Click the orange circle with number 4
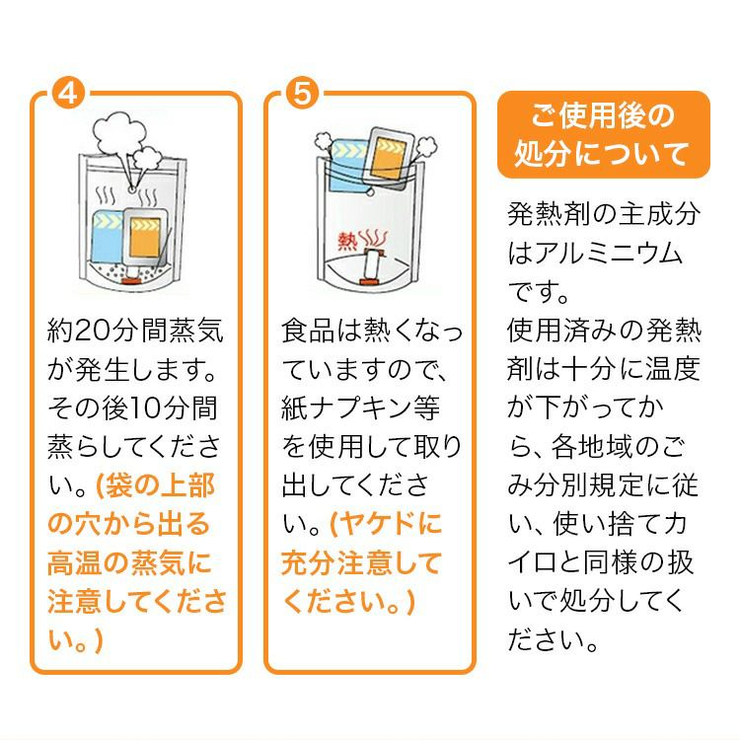pyautogui.click(x=68, y=94)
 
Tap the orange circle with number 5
pyautogui.click(x=303, y=94)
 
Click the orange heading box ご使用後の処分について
pyautogui.click(x=604, y=135)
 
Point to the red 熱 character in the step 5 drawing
pyautogui.click(x=348, y=241)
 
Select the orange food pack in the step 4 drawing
pyautogui.click(x=144, y=236)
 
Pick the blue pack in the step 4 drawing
pyautogui.click(x=108, y=236)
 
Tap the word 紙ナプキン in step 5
pyautogui.click(x=347, y=408)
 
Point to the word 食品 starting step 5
pyautogui.click(x=308, y=331)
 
